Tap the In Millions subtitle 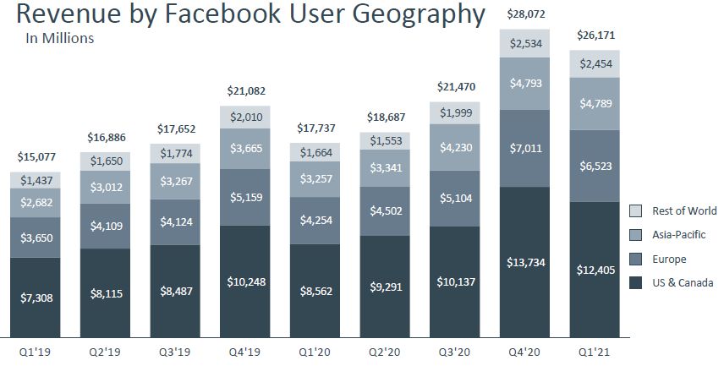pos(60,38)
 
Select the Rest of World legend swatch pos(637,210)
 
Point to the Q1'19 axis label pos(35,350)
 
